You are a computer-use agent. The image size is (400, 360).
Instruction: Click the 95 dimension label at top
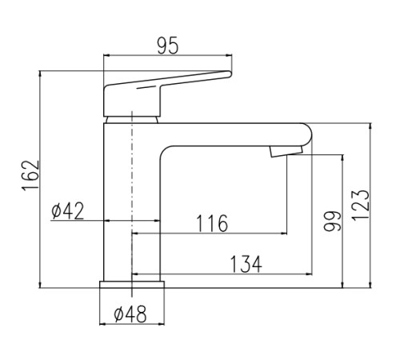coord(167,46)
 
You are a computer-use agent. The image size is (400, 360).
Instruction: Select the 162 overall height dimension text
coord(31,175)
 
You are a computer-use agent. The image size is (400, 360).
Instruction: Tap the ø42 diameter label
coord(68,210)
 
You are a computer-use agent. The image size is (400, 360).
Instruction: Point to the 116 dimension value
coord(212,223)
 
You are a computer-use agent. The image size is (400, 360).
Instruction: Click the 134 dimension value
coord(246,264)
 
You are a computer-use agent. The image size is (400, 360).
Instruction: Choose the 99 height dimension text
coord(332,221)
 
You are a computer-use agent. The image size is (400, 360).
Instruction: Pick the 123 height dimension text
coord(360,205)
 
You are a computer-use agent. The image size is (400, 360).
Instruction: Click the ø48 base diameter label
coord(130,314)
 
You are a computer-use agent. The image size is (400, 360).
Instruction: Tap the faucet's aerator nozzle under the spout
coord(286,151)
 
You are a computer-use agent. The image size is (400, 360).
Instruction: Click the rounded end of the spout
coord(310,134)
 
